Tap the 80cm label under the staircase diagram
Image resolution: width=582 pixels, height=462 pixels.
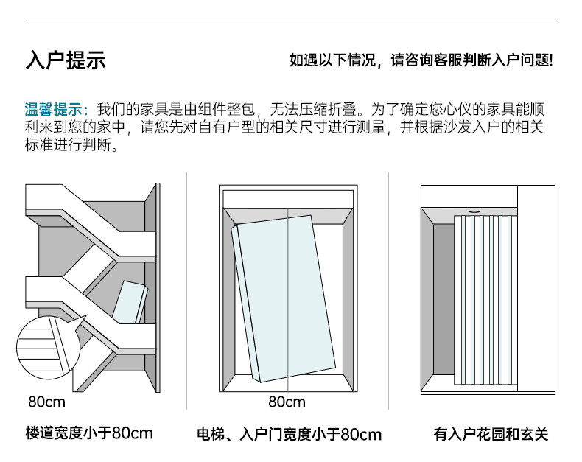coord(46,402)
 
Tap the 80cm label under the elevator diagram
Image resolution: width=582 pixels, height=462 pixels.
coord(287,402)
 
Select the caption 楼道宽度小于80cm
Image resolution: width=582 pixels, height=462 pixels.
coord(89,433)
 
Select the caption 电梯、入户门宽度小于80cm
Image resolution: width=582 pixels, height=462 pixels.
coord(289,435)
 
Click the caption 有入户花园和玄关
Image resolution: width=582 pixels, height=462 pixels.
coord(491,435)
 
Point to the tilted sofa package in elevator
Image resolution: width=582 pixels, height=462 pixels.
coord(284,298)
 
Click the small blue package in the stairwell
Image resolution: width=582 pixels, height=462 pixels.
coord(131,302)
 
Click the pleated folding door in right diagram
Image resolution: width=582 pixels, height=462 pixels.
coord(485,302)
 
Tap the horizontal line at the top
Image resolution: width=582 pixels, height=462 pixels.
coord(291,21)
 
